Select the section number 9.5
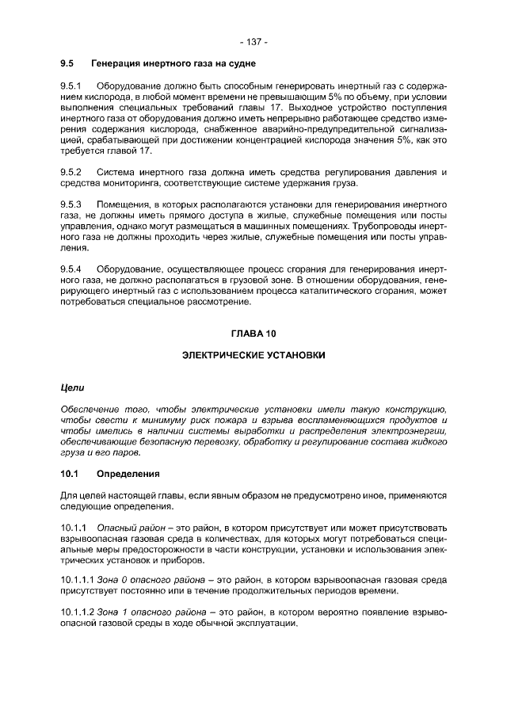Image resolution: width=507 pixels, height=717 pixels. (x=67, y=62)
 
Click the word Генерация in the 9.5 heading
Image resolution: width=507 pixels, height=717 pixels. (x=119, y=62)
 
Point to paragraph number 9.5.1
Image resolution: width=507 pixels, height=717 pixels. (x=72, y=85)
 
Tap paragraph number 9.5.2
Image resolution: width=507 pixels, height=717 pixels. (x=72, y=172)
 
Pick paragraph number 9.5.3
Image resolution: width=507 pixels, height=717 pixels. (x=72, y=204)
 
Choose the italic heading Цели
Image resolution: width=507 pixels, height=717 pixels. (x=72, y=387)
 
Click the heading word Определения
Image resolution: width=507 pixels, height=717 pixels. (x=128, y=475)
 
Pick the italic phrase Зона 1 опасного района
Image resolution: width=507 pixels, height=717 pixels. (x=152, y=612)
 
